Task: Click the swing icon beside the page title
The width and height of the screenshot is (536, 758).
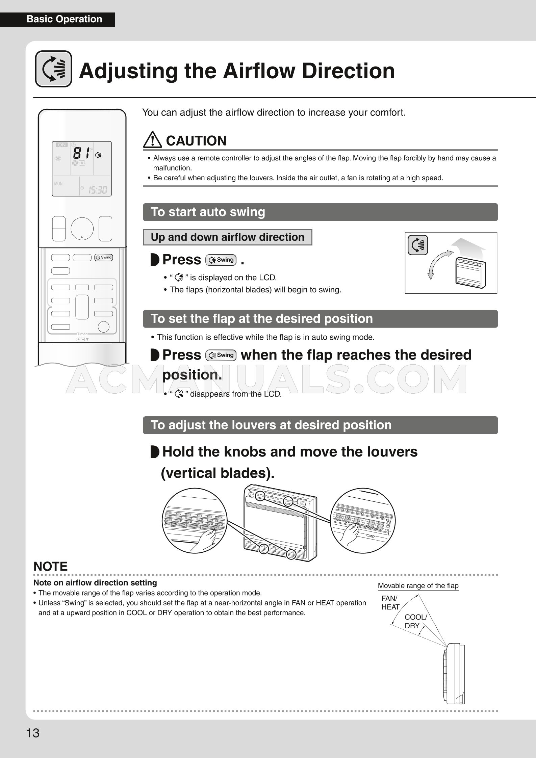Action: pyautogui.click(x=53, y=69)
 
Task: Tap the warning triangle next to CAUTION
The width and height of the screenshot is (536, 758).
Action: pyautogui.click(x=152, y=140)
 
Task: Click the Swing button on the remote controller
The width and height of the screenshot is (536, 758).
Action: pyautogui.click(x=104, y=257)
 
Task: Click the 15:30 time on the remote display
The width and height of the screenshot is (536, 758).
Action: pyautogui.click(x=98, y=190)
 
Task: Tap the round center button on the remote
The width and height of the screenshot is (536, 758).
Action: pyautogui.click(x=82, y=229)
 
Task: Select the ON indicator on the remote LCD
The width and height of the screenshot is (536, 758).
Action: pyautogui.click(x=62, y=145)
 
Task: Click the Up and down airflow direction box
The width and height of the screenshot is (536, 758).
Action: pyautogui.click(x=227, y=237)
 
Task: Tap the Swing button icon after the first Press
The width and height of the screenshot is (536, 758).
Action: pyautogui.click(x=221, y=260)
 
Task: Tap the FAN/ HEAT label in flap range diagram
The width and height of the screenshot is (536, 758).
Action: pyautogui.click(x=390, y=603)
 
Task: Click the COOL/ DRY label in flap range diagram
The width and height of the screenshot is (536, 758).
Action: pyautogui.click(x=415, y=621)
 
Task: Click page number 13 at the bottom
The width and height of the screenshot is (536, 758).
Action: pyautogui.click(x=33, y=733)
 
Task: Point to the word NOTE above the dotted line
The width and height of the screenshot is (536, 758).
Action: pyautogui.click(x=50, y=567)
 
